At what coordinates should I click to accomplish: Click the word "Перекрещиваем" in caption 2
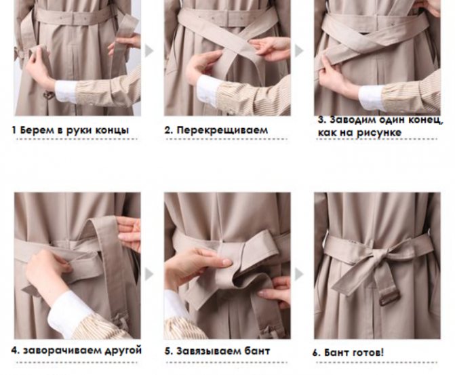coord(222,130)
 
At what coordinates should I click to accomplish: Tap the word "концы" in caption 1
coord(113,130)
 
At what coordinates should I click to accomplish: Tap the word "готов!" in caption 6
coord(368,353)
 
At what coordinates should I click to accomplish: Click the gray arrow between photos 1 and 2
coord(149,51)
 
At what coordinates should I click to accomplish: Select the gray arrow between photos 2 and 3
coord(299,51)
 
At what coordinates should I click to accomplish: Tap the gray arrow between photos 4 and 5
coord(149,274)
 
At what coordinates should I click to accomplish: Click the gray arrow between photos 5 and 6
coord(299,274)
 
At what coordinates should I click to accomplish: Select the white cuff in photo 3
coord(370,97)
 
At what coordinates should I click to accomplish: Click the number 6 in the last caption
coord(315,353)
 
